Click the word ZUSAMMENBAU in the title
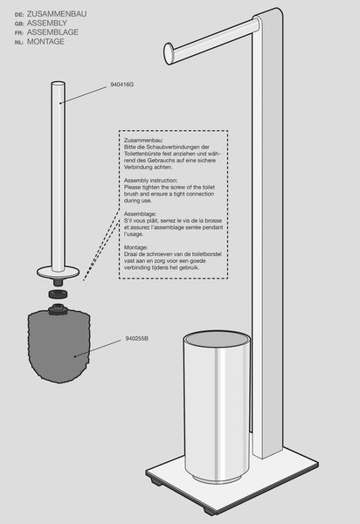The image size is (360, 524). tap(57, 14)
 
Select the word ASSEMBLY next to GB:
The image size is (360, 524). tap(47, 23)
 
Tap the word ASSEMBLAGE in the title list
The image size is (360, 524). tap(52, 32)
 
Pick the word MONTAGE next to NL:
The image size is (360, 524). tap(45, 41)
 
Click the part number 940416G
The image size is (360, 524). tap(122, 85)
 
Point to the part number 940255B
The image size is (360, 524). tap(136, 339)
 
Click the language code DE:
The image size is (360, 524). tap(19, 15)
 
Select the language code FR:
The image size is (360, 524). tap(19, 33)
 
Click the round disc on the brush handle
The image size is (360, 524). tap(59, 272)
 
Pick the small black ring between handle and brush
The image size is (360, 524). tap(59, 294)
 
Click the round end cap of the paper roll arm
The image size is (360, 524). tap(169, 52)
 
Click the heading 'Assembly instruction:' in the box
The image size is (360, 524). tap(151, 181)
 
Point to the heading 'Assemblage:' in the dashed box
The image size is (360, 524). tap(140, 214)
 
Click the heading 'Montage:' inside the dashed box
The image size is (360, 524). tap(135, 247)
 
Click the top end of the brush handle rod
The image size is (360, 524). tap(59, 84)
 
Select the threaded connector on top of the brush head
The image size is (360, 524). tap(59, 309)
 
